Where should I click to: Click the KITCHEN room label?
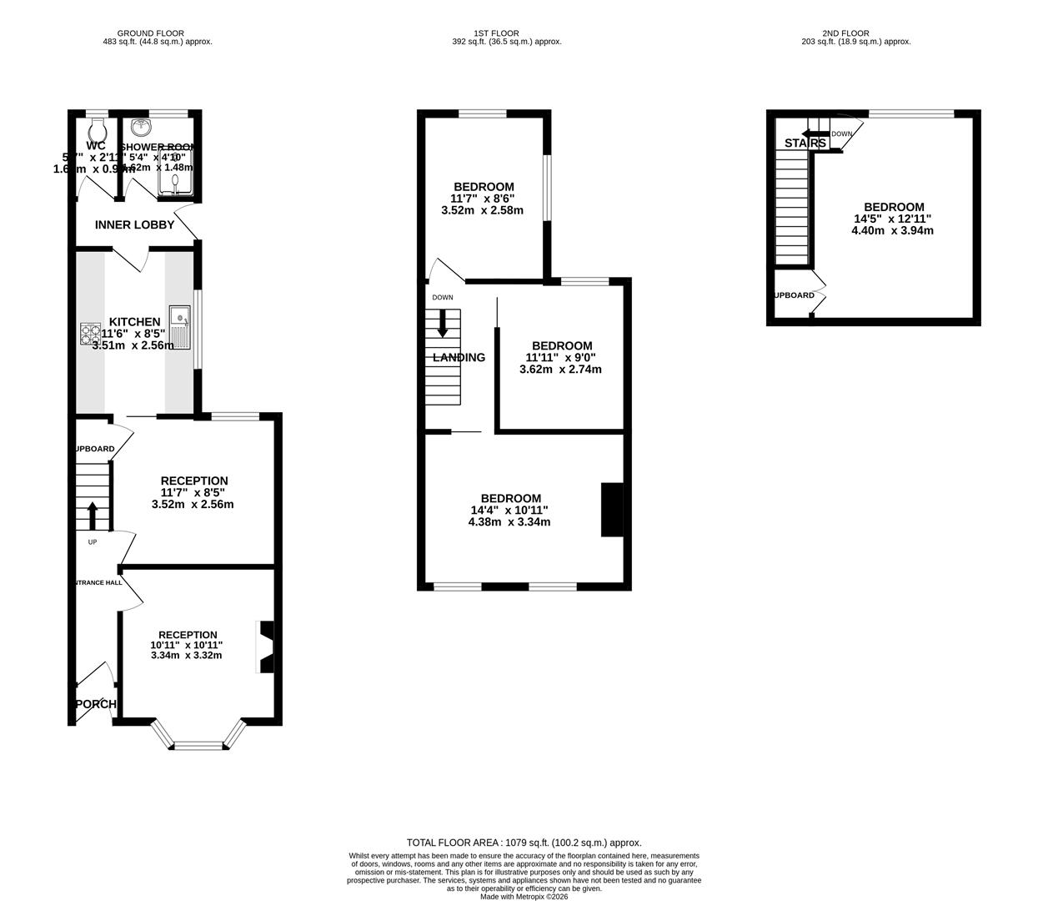(134, 322)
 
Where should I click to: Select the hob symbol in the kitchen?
(90, 334)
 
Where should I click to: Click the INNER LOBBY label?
(134, 225)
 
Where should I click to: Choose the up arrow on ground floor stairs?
(92, 516)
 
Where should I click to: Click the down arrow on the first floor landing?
(443, 323)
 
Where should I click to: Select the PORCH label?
(93, 704)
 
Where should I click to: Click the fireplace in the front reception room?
(266, 647)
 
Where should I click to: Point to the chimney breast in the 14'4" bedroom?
(612, 510)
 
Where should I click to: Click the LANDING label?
(459, 358)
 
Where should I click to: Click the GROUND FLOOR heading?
(151, 33)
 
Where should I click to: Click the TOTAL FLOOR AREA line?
(524, 843)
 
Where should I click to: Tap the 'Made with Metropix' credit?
(524, 897)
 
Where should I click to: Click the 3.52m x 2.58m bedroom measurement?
(482, 210)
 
